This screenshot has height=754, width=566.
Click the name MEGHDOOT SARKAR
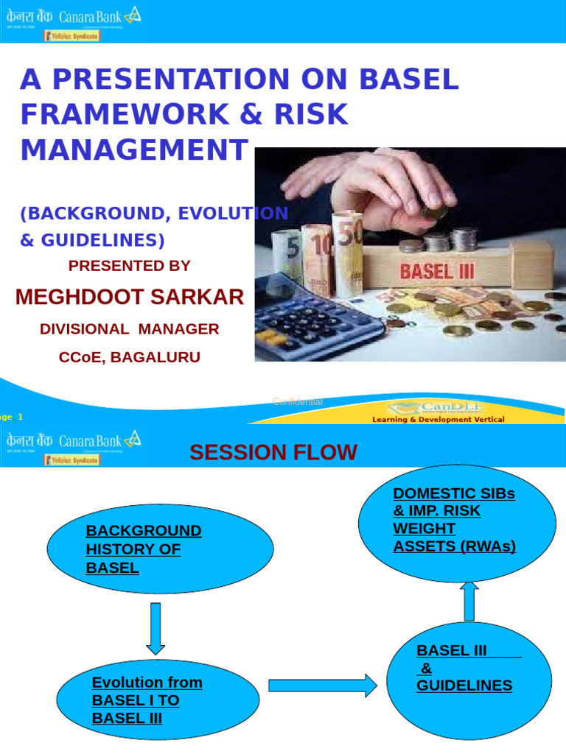point(130,297)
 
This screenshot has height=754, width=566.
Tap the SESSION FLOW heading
point(273,452)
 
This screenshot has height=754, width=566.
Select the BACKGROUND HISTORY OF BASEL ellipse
point(160,549)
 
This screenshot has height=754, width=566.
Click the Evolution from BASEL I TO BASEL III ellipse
point(158,700)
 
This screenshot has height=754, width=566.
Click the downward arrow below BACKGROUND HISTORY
point(156,628)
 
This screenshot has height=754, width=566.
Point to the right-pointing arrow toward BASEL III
point(322,686)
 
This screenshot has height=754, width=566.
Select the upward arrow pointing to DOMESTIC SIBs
point(469,601)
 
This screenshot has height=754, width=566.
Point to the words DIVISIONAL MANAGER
point(130,329)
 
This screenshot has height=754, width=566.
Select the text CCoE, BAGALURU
point(130,358)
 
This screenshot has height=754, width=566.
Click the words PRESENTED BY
point(130,266)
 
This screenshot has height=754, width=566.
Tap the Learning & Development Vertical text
point(438,419)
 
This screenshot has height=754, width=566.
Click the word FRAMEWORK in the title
point(113,114)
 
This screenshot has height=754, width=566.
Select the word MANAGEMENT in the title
point(134,149)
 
